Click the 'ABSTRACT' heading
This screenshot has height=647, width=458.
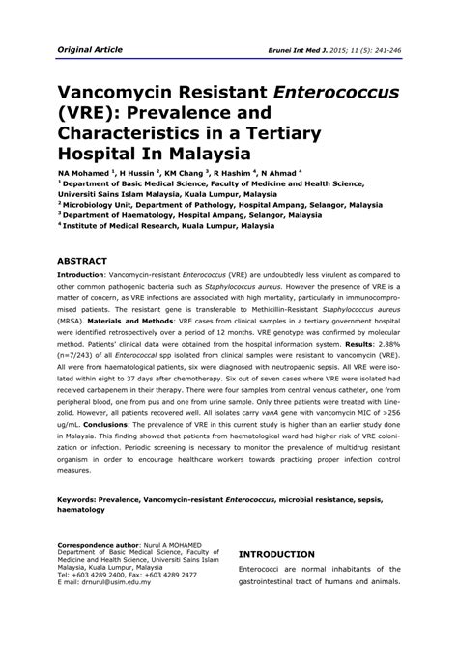pyautogui.click(x=88, y=261)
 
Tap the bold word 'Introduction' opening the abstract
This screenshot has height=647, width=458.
pyautogui.click(x=86, y=276)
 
